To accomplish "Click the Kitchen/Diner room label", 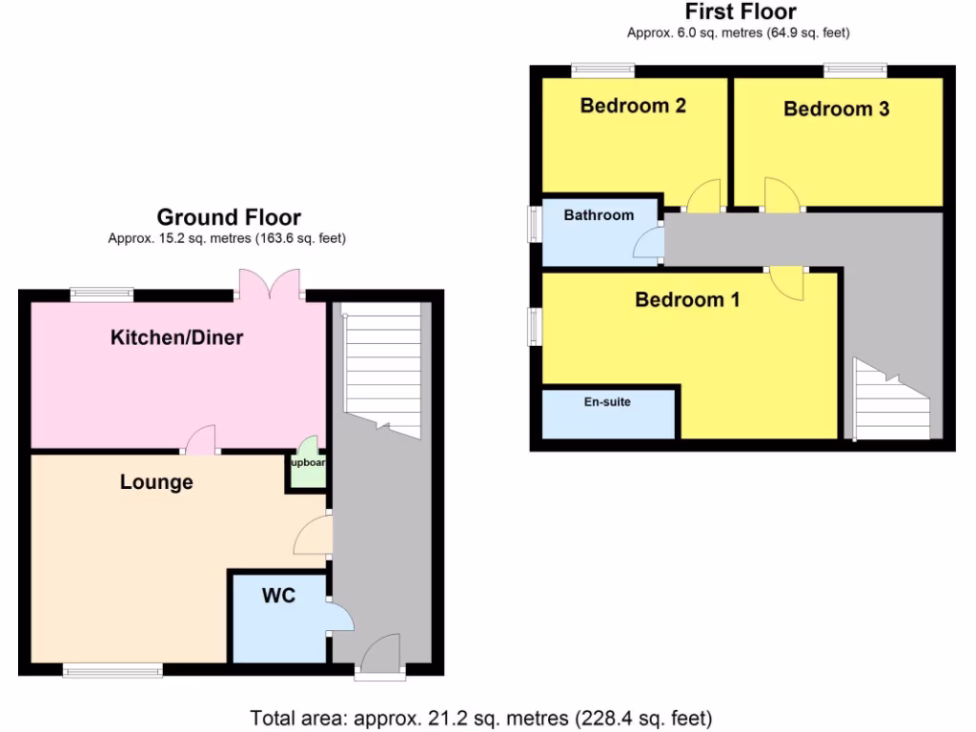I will pos(177,337).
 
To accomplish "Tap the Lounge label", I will pos(156,482).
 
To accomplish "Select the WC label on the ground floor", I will pos(279,596).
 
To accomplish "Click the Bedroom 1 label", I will pos(687,300).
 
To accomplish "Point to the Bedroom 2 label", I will pos(633,106).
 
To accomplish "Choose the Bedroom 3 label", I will pos(836,109).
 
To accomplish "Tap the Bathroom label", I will pos(599,215).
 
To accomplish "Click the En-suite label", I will pos(607,402).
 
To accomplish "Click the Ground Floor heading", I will pos(229,217).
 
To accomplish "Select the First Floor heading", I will pos(741,12).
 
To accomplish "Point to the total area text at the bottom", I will pos(481,718).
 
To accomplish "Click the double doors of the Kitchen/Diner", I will pos(270,284).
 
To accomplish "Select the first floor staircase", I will pos(892,400).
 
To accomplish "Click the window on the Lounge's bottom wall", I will pos(112,671).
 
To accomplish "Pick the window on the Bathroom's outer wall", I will pos(536,227).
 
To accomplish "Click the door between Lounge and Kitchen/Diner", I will pos(202,440).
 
